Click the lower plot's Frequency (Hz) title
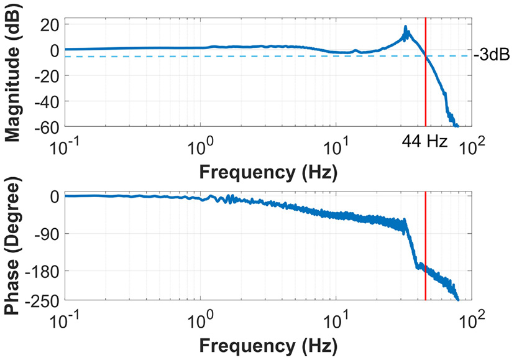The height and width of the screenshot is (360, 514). [268, 345]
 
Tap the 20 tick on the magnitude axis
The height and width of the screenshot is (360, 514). [50, 24]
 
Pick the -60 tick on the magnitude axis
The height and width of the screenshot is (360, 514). [47, 127]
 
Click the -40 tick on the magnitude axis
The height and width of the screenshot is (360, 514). [47, 101]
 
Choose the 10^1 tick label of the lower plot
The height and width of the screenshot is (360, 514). [337, 321]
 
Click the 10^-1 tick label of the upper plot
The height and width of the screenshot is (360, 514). [65, 147]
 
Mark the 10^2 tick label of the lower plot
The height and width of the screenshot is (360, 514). [473, 321]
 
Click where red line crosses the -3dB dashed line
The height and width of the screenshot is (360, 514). [426, 56]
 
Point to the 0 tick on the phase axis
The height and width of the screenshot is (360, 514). [55, 196]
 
